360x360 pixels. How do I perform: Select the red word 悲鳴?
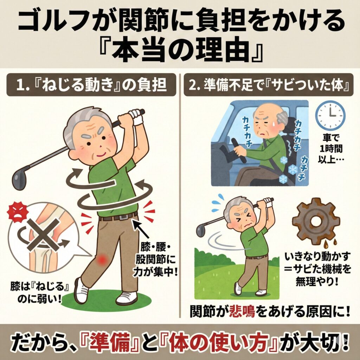pyautogui.click(x=243, y=311)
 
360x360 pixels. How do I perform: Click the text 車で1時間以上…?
pyautogui.click(x=330, y=149)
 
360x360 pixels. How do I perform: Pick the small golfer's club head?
pyautogui.click(x=201, y=231)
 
